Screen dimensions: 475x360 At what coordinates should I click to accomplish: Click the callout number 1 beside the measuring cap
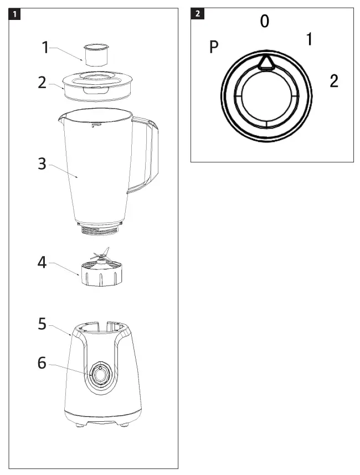[45, 48]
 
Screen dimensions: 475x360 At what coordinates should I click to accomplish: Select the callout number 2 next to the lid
[42, 82]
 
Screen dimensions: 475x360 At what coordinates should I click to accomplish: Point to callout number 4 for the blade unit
[42, 262]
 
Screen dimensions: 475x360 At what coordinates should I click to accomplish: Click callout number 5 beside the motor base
[42, 324]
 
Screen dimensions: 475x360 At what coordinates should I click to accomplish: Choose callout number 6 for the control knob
[42, 363]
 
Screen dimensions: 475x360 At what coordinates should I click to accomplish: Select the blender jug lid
[99, 85]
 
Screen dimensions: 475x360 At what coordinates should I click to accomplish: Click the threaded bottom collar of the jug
[100, 229]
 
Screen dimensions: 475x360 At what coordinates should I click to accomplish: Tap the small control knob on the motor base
[99, 375]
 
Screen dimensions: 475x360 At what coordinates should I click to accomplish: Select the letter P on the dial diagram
[214, 48]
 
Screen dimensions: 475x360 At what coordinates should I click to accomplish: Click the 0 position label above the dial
[265, 22]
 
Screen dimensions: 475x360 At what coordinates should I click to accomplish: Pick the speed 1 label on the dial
[310, 39]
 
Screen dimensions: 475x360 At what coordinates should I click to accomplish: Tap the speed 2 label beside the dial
[333, 81]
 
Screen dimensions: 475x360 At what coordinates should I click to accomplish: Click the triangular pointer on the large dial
[265, 62]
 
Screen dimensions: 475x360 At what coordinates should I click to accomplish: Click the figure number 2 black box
[197, 14]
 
